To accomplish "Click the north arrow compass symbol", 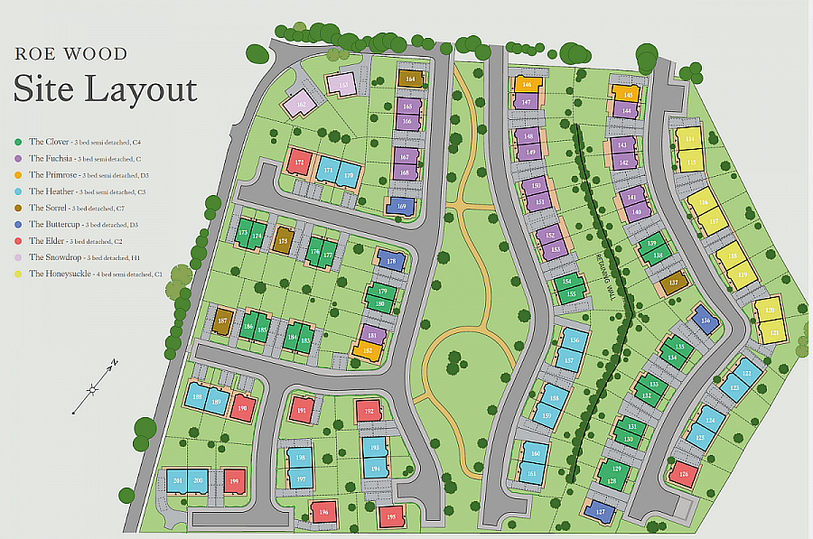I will [x=94, y=388].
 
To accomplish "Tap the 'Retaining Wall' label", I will [x=607, y=275].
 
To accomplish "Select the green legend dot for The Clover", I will [x=18, y=142].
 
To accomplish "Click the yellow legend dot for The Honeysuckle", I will [x=18, y=274].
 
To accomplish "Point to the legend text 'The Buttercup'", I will [x=55, y=224].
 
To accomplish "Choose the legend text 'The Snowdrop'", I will [x=54, y=257].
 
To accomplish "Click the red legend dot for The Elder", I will [x=18, y=241].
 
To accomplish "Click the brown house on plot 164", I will [x=410, y=79].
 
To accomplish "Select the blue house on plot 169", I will [x=400, y=206].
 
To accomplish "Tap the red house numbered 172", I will [x=299, y=163].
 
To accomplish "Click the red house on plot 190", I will [x=241, y=406].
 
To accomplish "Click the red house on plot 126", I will [x=684, y=473].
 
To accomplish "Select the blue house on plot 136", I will [x=706, y=320].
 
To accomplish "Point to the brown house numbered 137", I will [x=673, y=283].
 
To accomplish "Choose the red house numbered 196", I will [x=322, y=513].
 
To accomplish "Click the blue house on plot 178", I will [x=391, y=261].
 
